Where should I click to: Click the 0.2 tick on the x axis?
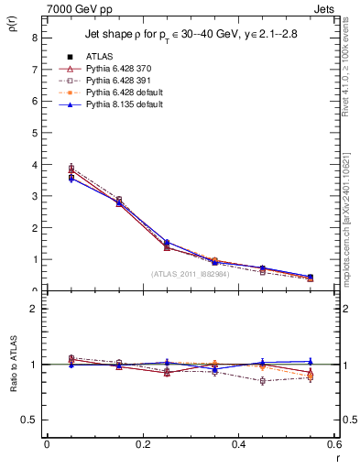point(142,443)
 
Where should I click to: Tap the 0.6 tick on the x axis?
point(334,443)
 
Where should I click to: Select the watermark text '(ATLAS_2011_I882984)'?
point(191,274)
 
